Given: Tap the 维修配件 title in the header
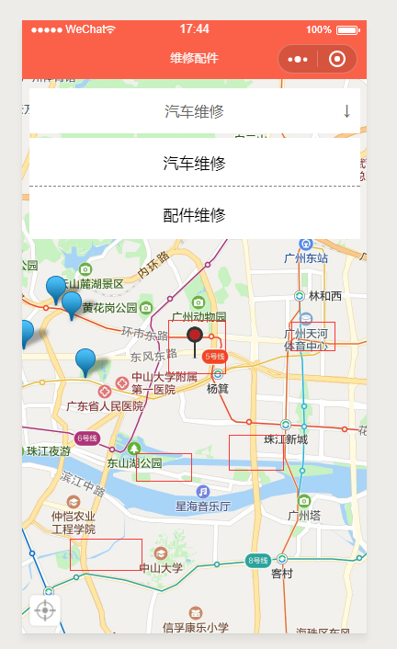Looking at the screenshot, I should tap(194, 59).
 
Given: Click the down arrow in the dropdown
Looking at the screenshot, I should tap(346, 111).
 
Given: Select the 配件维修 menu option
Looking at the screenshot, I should tap(194, 215).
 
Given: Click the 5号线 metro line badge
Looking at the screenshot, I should tap(215, 356).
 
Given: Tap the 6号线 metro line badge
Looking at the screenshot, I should tap(87, 438).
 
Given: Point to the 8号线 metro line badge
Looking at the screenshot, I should tap(256, 560).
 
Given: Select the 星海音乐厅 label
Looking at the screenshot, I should tap(203, 507).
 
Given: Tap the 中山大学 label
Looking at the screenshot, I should tap(162, 568).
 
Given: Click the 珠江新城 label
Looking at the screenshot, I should tap(286, 439).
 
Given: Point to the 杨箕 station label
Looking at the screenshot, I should tap(218, 389).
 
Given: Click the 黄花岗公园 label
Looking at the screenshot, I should tap(109, 307).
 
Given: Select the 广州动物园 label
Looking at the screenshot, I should tap(198, 316).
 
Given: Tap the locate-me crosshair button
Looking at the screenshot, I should tap(46, 609).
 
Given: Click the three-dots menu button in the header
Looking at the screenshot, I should tap(298, 60).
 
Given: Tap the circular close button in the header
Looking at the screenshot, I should tap(337, 60).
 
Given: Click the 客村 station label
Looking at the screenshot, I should tap(282, 574).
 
